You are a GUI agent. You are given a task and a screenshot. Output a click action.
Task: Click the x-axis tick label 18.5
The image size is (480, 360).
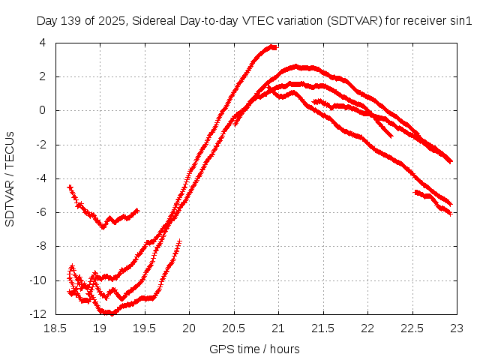[57, 328]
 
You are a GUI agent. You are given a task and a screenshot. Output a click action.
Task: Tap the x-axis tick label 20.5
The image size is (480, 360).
[234, 328]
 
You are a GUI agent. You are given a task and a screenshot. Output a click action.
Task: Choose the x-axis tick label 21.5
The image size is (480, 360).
[323, 328]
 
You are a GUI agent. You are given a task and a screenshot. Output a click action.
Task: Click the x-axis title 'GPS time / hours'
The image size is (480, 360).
[256, 349]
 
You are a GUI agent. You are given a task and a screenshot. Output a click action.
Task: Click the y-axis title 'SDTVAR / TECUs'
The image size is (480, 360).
[10, 178]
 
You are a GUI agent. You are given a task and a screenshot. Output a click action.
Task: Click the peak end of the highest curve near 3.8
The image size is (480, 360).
[274, 47]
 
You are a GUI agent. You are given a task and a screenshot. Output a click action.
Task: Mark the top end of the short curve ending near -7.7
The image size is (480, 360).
[180, 241]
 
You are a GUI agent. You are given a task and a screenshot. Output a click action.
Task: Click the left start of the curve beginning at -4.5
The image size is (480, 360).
[70, 187]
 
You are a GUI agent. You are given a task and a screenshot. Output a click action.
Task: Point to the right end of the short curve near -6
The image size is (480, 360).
[137, 211]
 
